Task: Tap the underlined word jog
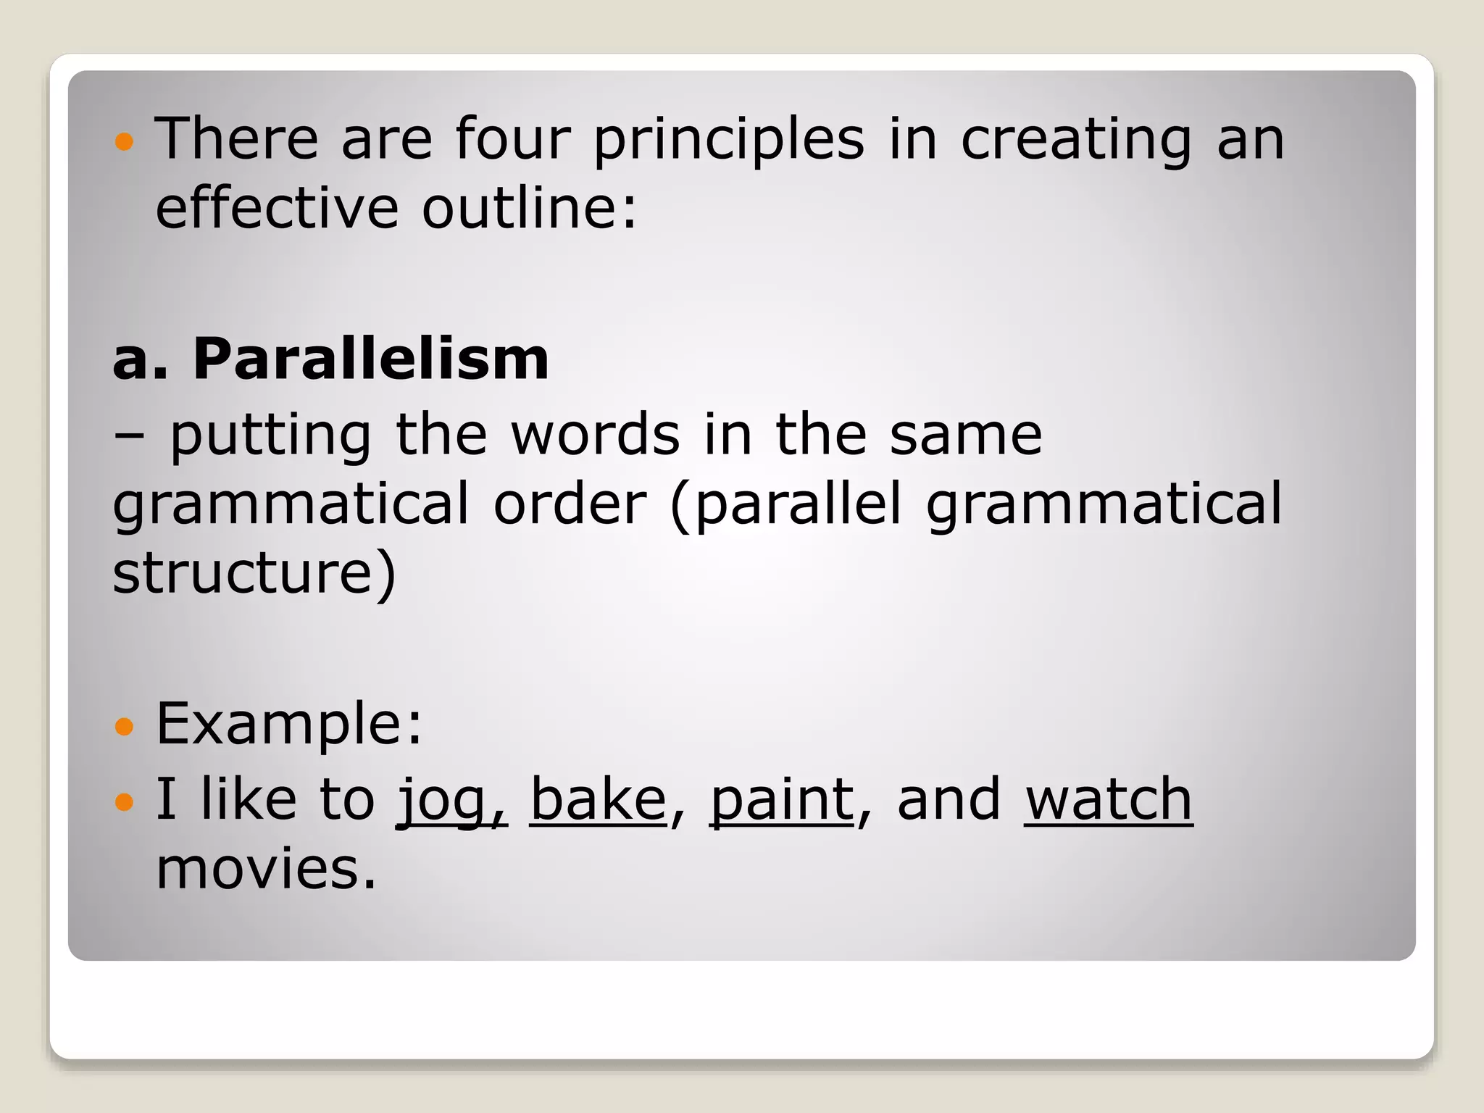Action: click(442, 800)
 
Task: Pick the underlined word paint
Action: click(782, 800)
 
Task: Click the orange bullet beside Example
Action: click(125, 725)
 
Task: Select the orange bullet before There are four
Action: click(125, 141)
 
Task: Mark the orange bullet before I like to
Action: click(125, 801)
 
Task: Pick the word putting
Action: click(271, 436)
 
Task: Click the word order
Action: click(570, 504)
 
